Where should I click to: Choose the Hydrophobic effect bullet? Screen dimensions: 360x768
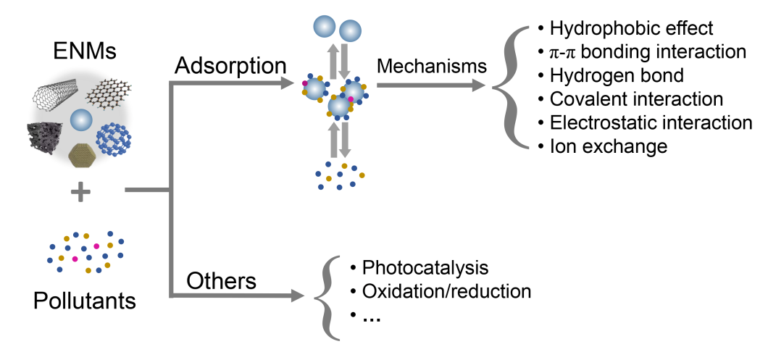coord(631,29)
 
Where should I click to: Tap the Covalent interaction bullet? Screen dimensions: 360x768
coord(635,99)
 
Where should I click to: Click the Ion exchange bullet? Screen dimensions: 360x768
coord(607,146)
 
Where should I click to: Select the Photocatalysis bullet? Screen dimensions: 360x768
coord(425,267)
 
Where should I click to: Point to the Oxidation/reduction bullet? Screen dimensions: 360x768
coord(446,291)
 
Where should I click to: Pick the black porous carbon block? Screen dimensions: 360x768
coord(46,137)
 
